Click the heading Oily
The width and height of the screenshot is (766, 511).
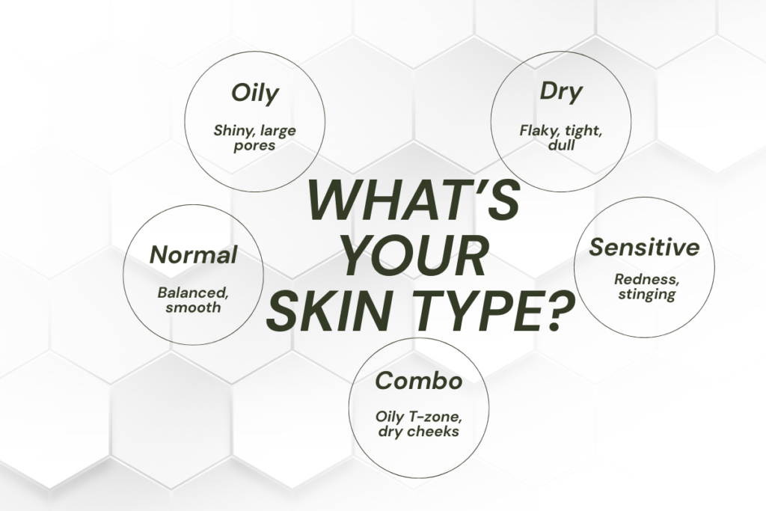[x=254, y=94]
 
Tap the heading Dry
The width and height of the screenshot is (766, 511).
[x=561, y=94]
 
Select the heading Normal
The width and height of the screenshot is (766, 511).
[x=193, y=255]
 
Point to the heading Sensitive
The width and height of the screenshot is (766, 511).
[x=644, y=247]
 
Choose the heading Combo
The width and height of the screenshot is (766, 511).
[x=418, y=381]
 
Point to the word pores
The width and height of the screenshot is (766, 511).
[x=254, y=145]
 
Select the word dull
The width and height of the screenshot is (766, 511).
[x=560, y=145]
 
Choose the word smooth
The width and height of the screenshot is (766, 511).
[x=194, y=307]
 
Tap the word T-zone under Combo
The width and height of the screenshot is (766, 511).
[x=438, y=417]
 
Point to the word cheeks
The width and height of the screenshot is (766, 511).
[x=432, y=432]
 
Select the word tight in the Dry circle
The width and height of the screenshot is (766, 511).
[x=583, y=131]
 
